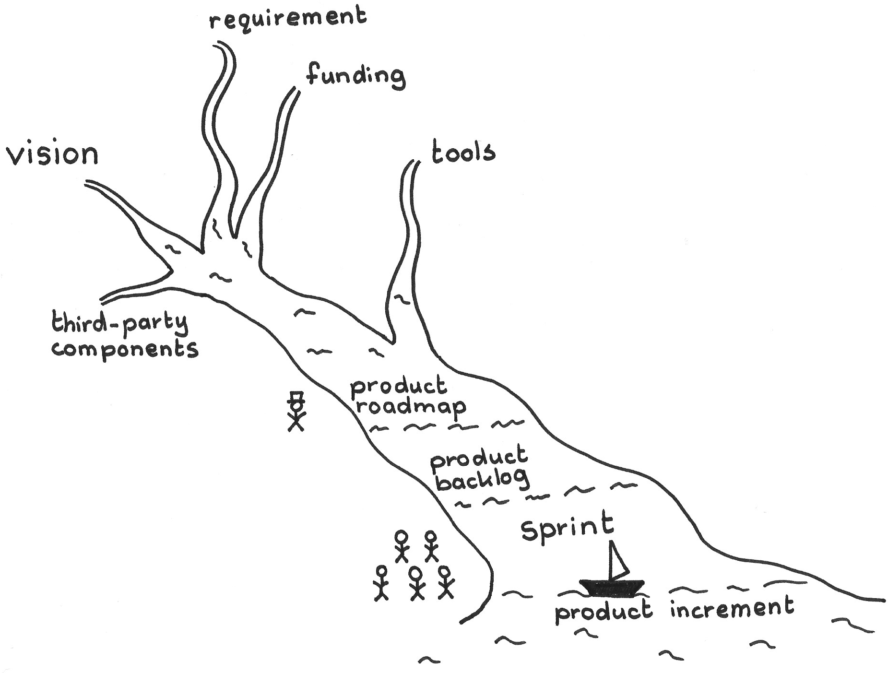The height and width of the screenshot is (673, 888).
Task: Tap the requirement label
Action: point(288,18)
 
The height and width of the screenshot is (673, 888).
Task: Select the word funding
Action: point(355,77)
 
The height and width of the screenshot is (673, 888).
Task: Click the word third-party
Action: point(119,323)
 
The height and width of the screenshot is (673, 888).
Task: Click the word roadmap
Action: point(410,407)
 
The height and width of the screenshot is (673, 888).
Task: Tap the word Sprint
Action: point(567,528)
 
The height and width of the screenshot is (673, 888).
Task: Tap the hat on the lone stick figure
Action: point(296,397)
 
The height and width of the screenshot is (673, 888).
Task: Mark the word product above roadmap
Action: point(399,386)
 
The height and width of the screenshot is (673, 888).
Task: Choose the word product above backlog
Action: point(478,458)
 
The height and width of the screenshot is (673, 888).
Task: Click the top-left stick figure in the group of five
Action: point(402,546)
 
